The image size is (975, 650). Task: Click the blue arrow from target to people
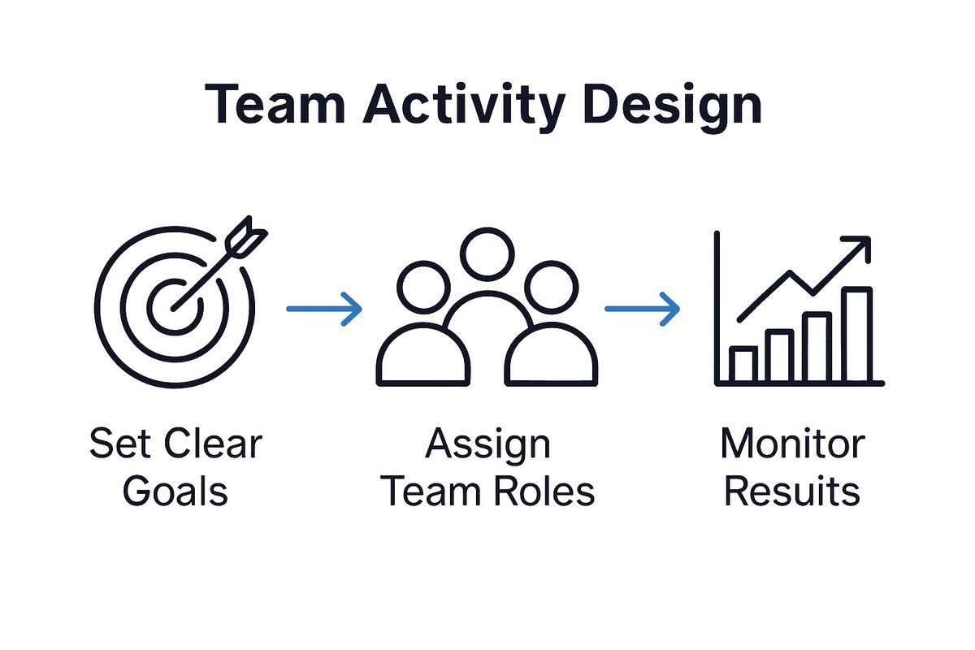[x=324, y=309]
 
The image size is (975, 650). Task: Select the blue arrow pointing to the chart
[x=642, y=309]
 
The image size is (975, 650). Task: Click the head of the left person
[x=425, y=285]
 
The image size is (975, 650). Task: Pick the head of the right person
[x=551, y=285]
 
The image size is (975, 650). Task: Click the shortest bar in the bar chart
[x=743, y=364]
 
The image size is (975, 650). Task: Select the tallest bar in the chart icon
[x=856, y=335]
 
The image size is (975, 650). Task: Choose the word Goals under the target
[x=175, y=492]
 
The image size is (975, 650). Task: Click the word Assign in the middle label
[x=487, y=446]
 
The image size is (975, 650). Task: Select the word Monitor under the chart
[x=792, y=444]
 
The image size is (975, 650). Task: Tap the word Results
[x=792, y=492]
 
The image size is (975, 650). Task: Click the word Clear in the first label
[x=214, y=444]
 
